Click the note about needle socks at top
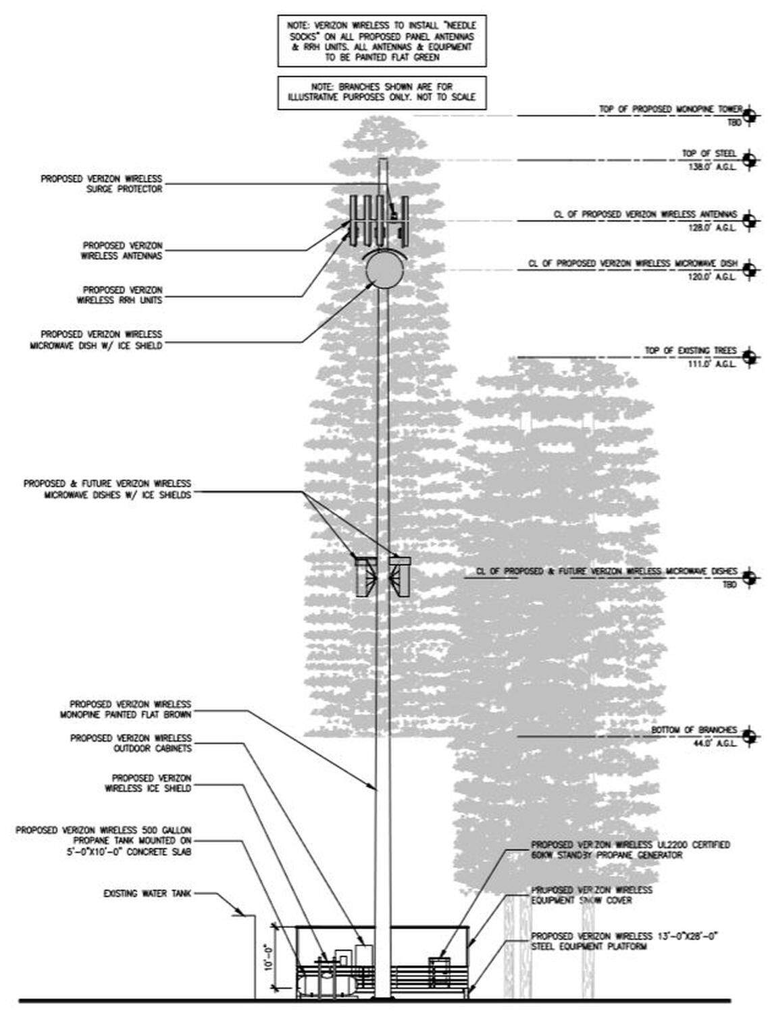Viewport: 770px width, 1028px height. point(382,41)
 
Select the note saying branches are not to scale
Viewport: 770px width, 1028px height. point(382,93)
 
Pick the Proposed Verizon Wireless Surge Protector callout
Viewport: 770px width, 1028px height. point(101,184)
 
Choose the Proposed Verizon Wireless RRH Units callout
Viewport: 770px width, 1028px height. point(120,294)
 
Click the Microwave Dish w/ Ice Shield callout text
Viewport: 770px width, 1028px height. point(101,339)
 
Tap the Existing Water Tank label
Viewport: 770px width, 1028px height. point(147,893)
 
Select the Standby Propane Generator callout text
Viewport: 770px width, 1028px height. point(630,850)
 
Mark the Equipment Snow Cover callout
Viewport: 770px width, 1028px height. point(592,895)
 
